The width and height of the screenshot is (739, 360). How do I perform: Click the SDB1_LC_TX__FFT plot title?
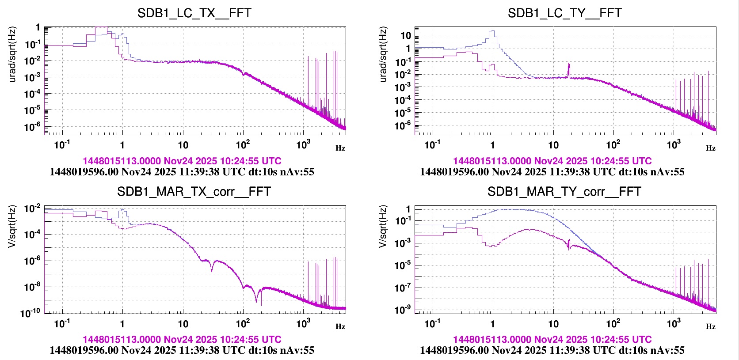[194, 13]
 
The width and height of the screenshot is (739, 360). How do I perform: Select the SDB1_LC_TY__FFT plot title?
[564, 13]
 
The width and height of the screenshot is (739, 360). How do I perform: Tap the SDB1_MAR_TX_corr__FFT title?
[194, 192]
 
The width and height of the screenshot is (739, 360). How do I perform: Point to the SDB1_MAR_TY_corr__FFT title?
[564, 192]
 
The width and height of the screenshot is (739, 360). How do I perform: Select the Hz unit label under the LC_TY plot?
[711, 148]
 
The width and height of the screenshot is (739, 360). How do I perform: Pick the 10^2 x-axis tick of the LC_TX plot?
[243, 145]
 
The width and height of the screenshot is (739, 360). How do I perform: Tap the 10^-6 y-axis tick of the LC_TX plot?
[32, 127]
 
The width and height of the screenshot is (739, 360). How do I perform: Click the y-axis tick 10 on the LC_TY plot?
[405, 36]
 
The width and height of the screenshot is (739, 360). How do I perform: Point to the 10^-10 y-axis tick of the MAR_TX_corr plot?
[30, 314]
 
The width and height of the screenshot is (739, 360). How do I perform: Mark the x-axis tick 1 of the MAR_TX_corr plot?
[122, 324]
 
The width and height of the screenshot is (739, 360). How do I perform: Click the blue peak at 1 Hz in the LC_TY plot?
[492, 31]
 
